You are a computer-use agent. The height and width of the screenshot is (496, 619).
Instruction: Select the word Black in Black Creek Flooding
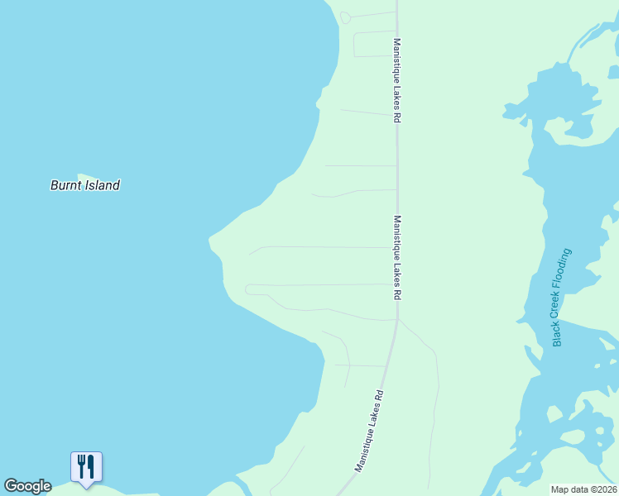pyautogui.click(x=558, y=333)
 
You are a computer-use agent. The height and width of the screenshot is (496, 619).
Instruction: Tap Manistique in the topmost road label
pyautogui.click(x=397, y=63)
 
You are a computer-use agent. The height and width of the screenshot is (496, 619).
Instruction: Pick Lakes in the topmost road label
pyautogui.click(x=397, y=100)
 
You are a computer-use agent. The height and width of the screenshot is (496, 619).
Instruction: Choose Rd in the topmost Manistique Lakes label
pyautogui.click(x=397, y=118)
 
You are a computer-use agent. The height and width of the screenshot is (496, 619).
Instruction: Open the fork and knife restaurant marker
pyautogui.click(x=86, y=467)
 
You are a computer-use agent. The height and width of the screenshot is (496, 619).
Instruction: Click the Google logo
pyautogui.click(x=27, y=486)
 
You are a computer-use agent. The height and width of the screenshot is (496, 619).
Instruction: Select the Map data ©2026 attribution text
pyautogui.click(x=584, y=489)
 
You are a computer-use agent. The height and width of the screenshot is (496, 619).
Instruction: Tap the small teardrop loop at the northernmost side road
pyautogui.click(x=345, y=17)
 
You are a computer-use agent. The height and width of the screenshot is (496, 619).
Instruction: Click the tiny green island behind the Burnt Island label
pyautogui.click(x=80, y=176)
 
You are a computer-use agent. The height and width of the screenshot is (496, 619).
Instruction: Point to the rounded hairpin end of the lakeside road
pyautogui.click(x=248, y=289)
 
